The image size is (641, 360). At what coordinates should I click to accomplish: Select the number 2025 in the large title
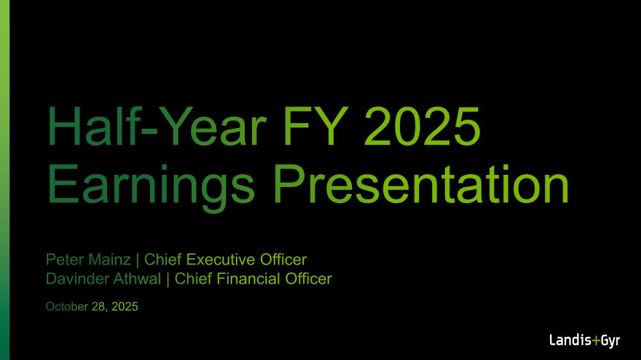coord(422,126)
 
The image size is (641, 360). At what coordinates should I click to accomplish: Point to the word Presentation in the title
coord(421,184)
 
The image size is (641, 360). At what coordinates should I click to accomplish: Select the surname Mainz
coord(110,259)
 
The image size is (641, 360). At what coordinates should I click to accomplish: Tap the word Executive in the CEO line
coord(221,259)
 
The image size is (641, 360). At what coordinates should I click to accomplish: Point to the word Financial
coord(248,279)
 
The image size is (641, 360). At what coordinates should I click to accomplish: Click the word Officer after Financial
coord(309,279)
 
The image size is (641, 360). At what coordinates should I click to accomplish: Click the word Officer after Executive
coord(283,259)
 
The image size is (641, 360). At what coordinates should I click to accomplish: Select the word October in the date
coord(67,306)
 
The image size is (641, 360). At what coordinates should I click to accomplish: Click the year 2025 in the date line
coord(125,306)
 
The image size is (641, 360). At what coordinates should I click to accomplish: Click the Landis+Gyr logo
coord(585,341)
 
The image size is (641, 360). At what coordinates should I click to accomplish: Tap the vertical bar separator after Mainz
coord(137,260)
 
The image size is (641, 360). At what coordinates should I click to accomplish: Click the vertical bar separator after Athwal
coord(167,279)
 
